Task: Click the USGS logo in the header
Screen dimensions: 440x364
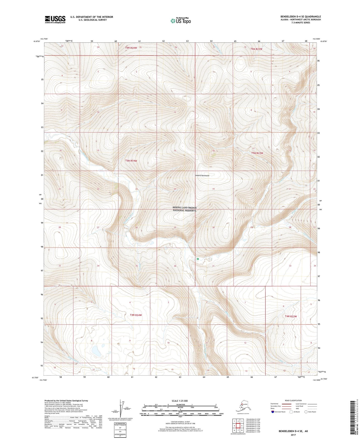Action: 55,19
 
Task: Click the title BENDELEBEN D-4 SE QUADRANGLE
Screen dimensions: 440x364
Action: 301,17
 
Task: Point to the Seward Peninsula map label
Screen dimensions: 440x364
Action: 202,175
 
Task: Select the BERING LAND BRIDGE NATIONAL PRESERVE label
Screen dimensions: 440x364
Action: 184,209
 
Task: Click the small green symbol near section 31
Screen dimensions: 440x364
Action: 198,259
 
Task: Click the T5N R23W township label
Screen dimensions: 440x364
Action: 257,153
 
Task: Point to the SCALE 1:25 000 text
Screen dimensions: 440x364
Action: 180,401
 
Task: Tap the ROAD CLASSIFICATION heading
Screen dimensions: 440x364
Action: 293,400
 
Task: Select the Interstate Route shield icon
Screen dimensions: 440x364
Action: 273,412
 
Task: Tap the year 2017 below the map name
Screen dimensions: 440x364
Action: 293,435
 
